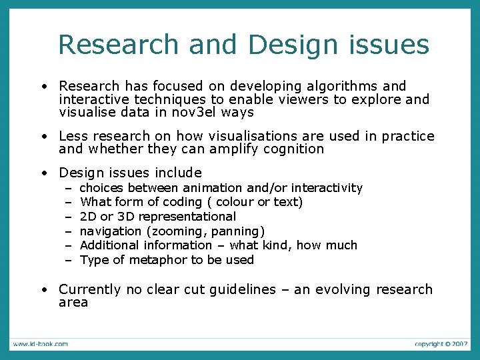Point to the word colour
point(234,202)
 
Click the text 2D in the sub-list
point(88,217)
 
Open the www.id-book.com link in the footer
point(39,344)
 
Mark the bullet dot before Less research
point(43,137)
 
